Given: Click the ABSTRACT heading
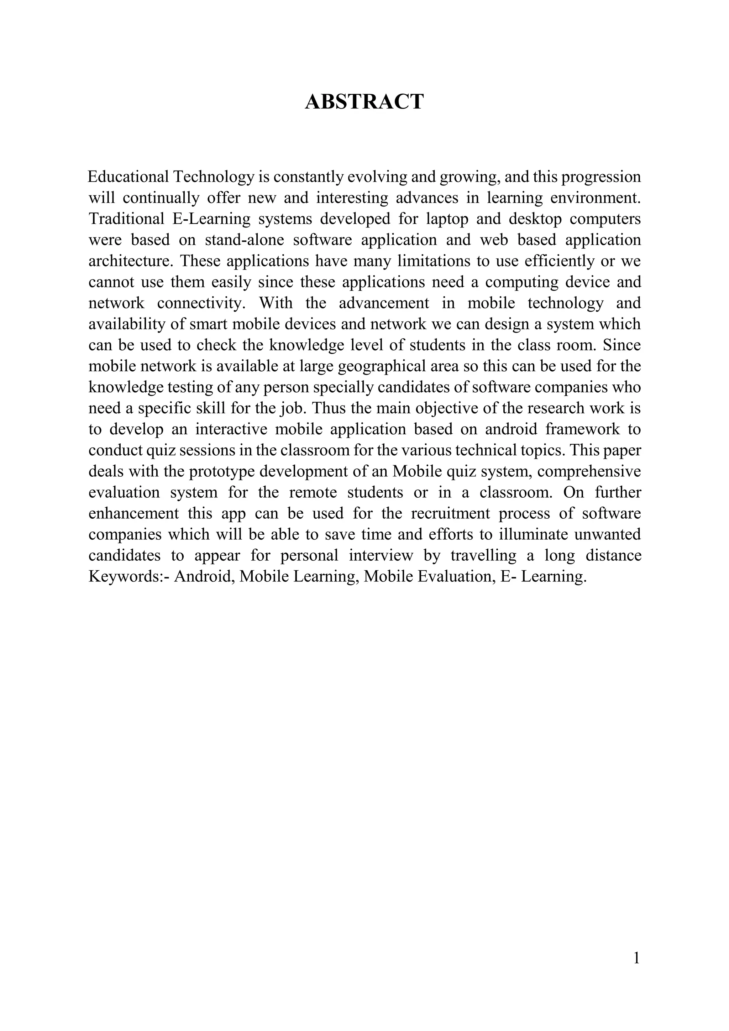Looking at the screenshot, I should pyautogui.click(x=364, y=101).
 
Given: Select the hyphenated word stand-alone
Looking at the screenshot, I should pyautogui.click(x=244, y=240).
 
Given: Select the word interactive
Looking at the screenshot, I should pyautogui.click(x=231, y=429).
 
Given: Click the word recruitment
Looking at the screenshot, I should pyautogui.click(x=450, y=513).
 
